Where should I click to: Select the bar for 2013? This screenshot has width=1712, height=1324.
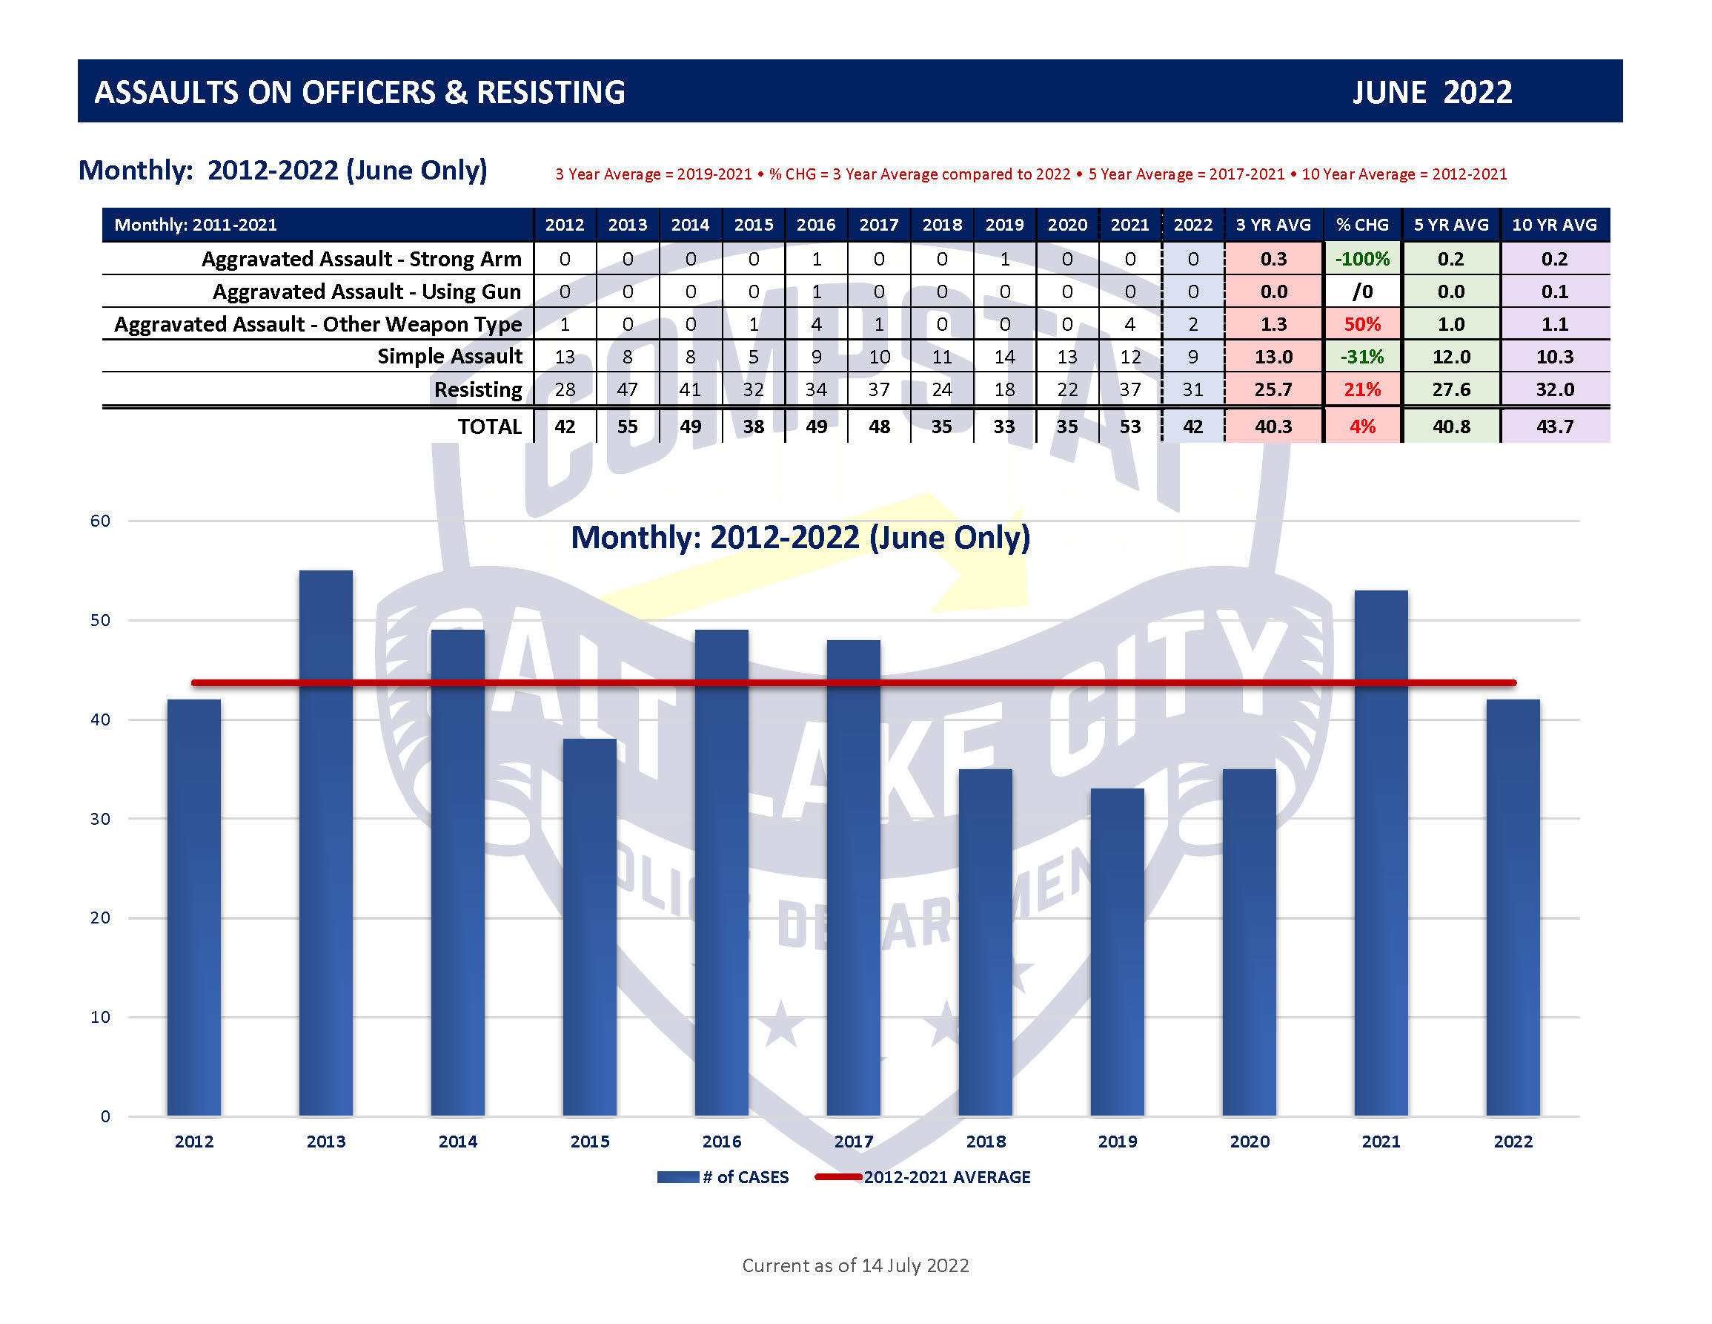(x=325, y=843)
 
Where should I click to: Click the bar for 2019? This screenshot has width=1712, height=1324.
(x=1117, y=952)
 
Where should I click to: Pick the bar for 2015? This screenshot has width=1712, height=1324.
(x=589, y=926)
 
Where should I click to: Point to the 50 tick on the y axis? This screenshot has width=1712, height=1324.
(x=100, y=619)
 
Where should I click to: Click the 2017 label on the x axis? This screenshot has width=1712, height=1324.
(x=854, y=1142)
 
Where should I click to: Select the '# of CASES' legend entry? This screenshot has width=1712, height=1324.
(x=723, y=1176)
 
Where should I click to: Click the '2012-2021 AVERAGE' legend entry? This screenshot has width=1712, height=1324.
(x=923, y=1176)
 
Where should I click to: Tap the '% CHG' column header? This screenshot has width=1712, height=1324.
(x=1362, y=224)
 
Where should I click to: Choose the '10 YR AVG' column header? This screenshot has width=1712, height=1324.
(x=1554, y=224)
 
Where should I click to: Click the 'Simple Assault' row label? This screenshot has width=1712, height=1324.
(x=449, y=356)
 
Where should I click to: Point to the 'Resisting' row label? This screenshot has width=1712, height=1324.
(x=477, y=389)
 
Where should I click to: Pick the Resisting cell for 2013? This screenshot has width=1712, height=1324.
(x=627, y=389)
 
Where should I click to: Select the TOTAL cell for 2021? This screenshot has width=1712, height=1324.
(x=1129, y=426)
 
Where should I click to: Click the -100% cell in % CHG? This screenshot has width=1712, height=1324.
(x=1362, y=259)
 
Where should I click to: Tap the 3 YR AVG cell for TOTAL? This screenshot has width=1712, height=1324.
(x=1273, y=426)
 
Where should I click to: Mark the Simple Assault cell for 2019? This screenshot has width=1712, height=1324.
(x=1004, y=357)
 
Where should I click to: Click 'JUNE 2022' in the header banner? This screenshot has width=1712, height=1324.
(x=1432, y=92)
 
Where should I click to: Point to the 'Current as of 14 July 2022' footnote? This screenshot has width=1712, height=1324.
(x=855, y=1265)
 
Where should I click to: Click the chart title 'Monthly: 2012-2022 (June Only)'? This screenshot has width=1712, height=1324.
(x=800, y=537)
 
